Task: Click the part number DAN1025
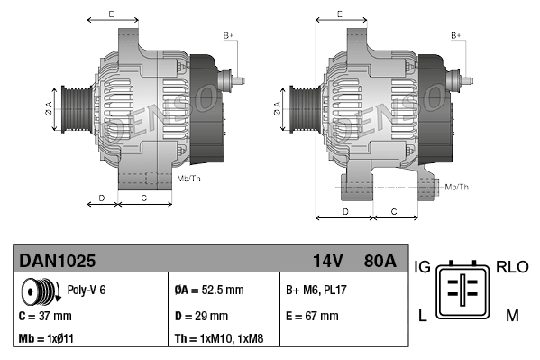[58, 261]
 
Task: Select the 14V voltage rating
[327, 261]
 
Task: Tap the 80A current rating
[378, 261]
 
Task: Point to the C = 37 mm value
[45, 316]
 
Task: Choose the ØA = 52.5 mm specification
[208, 291]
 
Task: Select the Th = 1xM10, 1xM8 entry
[219, 339]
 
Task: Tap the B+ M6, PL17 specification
[317, 291]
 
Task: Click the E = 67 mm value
[312, 316]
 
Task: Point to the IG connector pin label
[423, 268]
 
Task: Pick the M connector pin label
[512, 315]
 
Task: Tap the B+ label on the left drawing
[228, 35]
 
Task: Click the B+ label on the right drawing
[455, 35]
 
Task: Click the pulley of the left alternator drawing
[71, 111]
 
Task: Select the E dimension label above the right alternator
[339, 14]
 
